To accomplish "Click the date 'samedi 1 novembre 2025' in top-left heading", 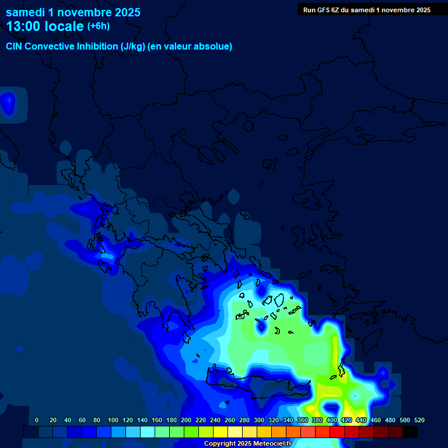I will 73,12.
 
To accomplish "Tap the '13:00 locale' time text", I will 45,27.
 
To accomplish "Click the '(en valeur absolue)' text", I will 190,47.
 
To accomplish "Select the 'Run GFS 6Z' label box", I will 367,10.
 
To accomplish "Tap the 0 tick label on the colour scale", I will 37,421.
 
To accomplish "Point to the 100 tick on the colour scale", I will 113,421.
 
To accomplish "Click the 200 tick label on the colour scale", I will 186,421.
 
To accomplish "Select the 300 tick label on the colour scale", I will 259,421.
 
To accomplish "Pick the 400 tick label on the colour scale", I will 332,421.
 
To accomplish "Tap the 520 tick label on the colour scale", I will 419,421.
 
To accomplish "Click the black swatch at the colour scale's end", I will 410,432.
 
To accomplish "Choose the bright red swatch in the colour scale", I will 337,432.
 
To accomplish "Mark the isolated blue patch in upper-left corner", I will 8,104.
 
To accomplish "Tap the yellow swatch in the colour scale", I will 220,432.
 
